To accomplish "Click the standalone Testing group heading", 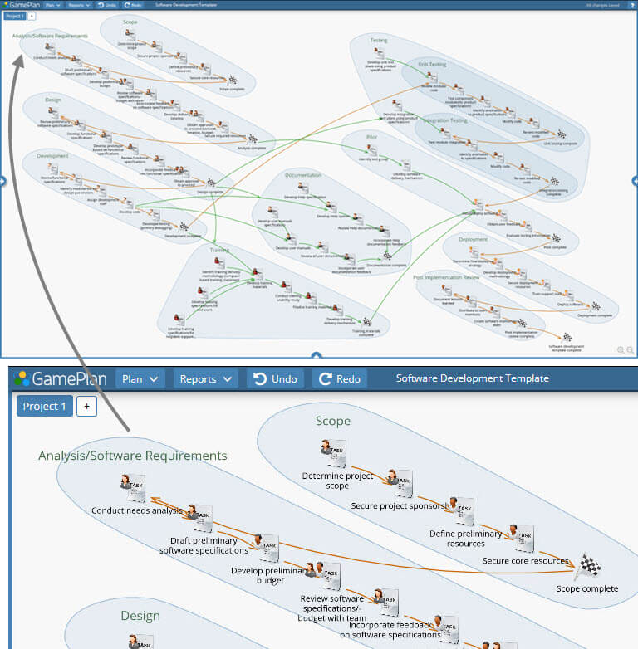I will [379, 40].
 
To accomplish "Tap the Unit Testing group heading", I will [433, 64].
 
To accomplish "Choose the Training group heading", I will [219, 249].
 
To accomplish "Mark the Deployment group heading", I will [473, 239].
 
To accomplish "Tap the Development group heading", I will [52, 155].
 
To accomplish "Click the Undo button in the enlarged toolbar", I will [272, 379].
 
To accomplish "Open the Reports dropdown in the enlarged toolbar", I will [205, 379].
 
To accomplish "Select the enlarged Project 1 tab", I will [45, 406].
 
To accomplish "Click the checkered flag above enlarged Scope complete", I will [587, 568].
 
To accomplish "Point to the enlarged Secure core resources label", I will [526, 561].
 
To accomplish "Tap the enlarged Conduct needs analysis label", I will [137, 511].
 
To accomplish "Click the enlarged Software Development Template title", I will [472, 378].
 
